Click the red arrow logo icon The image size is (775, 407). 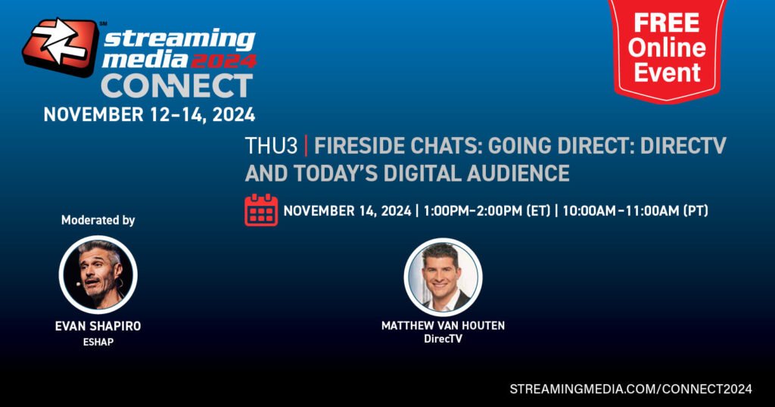pos(61,47)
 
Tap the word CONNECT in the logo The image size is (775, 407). pos(177,86)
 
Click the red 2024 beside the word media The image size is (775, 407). pos(224,61)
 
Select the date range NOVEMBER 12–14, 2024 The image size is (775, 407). pos(149,114)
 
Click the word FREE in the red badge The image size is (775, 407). pos(667,23)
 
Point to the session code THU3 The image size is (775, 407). pos(272,146)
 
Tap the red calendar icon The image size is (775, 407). pos(261,210)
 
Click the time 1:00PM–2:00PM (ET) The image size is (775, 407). pos(487,211)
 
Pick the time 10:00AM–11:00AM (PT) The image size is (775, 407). pos(635,211)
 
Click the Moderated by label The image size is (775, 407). pos(98,220)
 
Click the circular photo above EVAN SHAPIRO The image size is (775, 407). pos(98,275)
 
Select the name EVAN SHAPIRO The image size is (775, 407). pos(98,326)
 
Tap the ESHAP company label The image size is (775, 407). pos(98,342)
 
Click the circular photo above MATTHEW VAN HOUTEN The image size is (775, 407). pos(443,277)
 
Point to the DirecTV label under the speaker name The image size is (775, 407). pos(443,339)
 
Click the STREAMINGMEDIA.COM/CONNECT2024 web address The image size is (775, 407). pos(630,389)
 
